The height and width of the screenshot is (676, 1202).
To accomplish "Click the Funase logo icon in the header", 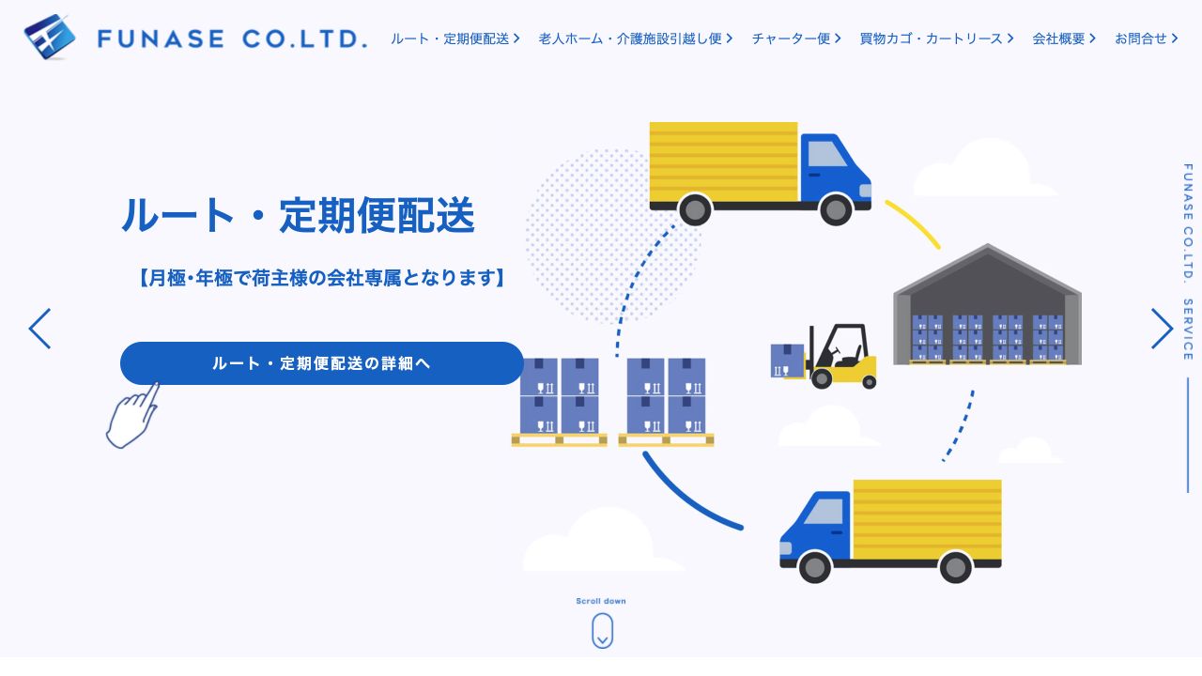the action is [x=50, y=37].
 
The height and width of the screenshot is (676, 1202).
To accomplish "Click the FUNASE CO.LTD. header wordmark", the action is [x=232, y=38].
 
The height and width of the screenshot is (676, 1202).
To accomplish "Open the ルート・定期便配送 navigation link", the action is [x=455, y=38].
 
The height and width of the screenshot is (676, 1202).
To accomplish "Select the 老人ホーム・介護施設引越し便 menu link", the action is [x=636, y=38].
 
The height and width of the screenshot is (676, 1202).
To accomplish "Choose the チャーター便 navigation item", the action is [x=796, y=38].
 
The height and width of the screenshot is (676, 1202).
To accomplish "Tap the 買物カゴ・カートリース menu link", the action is [x=936, y=38].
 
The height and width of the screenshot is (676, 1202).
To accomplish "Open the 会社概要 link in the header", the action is [x=1064, y=38].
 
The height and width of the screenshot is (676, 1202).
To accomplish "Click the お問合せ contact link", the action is [x=1147, y=38].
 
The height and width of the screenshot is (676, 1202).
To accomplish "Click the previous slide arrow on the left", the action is [x=39, y=329].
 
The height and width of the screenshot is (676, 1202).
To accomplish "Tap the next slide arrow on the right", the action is [x=1162, y=329].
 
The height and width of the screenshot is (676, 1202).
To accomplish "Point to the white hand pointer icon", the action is [x=132, y=416].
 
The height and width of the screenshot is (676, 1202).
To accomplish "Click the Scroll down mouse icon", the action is [x=602, y=630].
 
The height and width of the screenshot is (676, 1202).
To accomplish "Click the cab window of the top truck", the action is [x=827, y=154].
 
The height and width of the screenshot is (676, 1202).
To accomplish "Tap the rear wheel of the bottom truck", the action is [x=955, y=566].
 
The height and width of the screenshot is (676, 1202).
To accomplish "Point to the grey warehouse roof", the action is [x=987, y=269].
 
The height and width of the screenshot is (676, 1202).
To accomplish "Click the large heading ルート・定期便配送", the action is [x=299, y=215].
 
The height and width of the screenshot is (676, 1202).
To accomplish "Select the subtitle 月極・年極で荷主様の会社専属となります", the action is [x=321, y=278].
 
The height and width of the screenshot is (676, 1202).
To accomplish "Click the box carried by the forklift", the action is [x=787, y=361].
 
